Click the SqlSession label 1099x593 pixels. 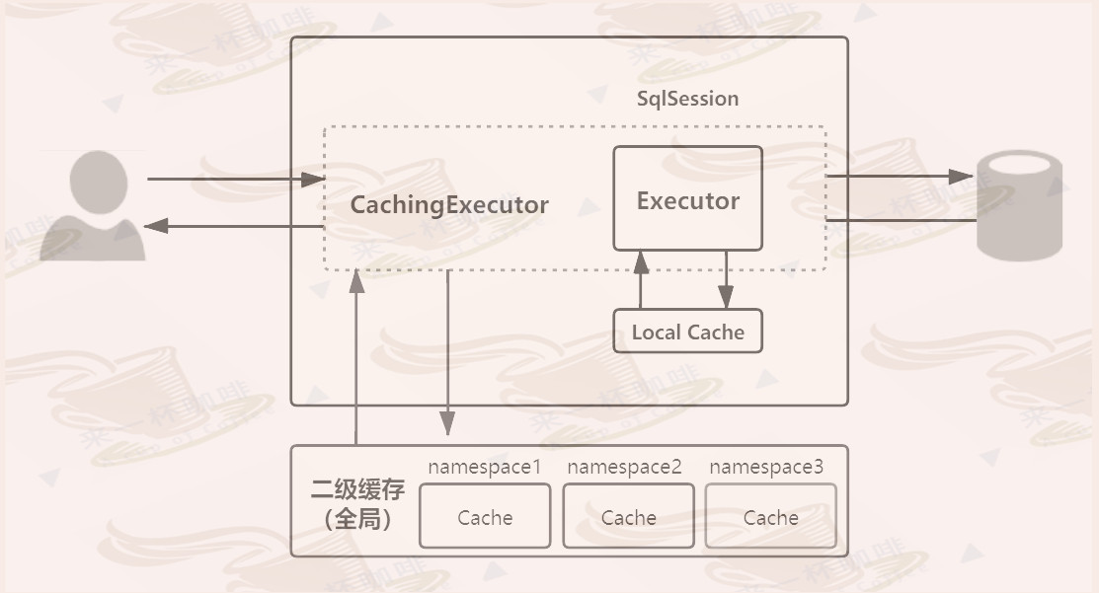687,99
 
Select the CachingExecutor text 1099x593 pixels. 449,205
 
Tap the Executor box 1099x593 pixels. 688,198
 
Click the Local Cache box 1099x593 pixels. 688,332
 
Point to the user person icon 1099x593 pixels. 94,205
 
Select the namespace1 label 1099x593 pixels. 484,467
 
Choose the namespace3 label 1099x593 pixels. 766,467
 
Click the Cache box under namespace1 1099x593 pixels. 485,517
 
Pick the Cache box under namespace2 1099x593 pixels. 628,517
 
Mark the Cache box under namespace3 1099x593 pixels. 770,517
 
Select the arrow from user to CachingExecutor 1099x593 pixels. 236,180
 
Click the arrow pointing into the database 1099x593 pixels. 900,177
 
